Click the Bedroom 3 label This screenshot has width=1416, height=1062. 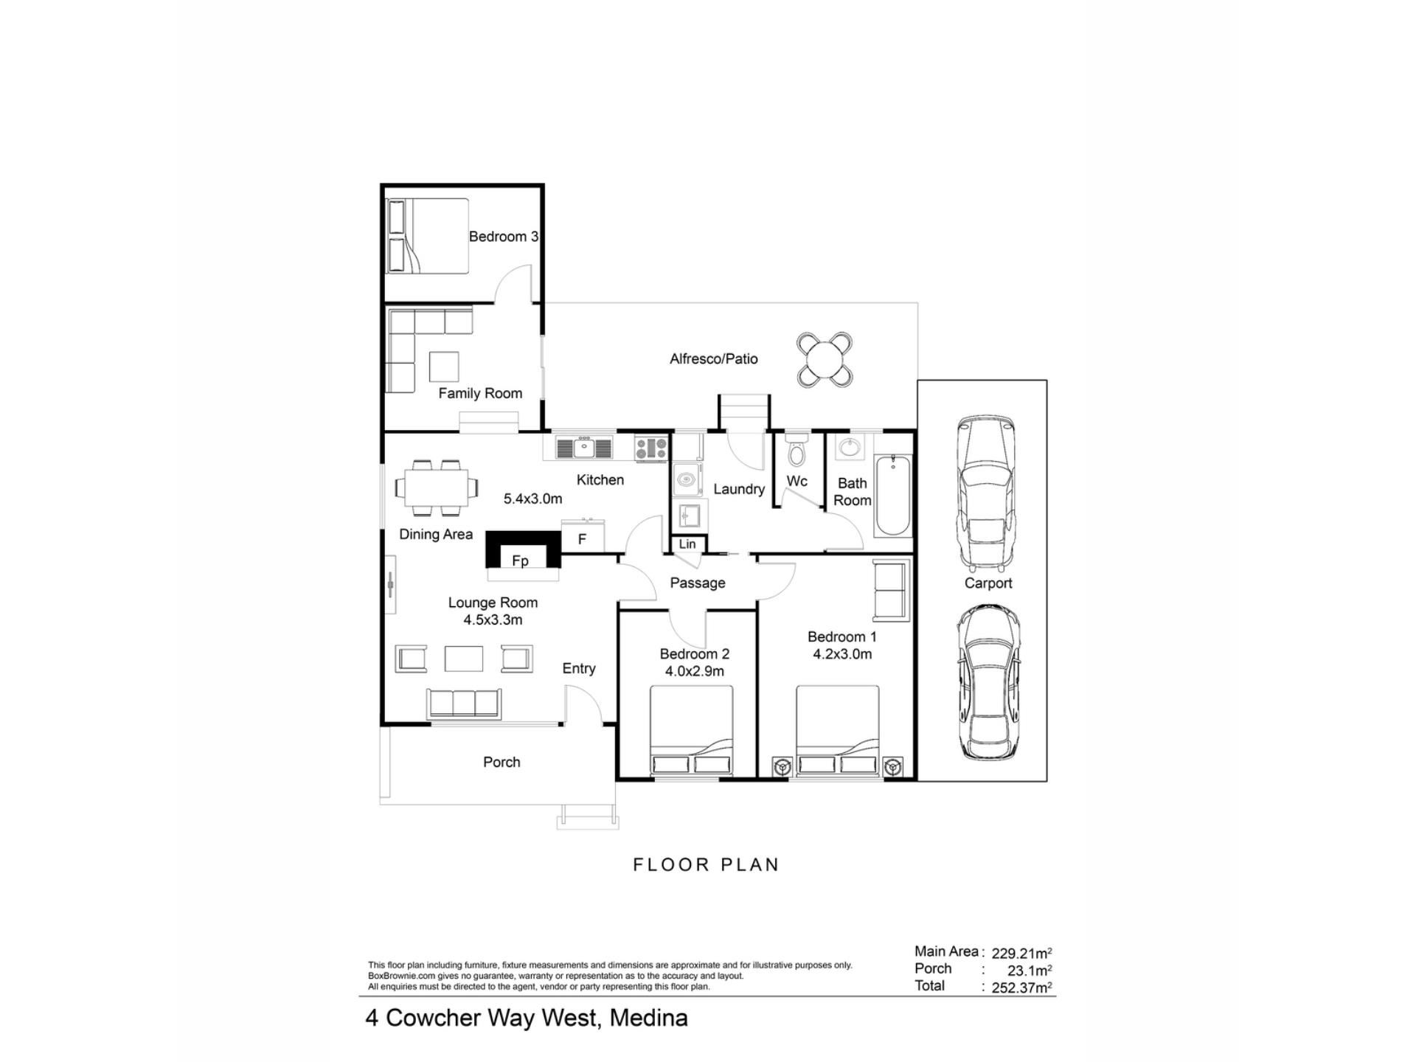(x=504, y=237)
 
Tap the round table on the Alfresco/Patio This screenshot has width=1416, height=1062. (x=825, y=360)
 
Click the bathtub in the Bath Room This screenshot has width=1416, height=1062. (x=893, y=495)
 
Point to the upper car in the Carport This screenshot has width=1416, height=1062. (x=986, y=493)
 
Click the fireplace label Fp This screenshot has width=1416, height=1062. (x=520, y=561)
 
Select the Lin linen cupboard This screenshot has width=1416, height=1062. (x=687, y=544)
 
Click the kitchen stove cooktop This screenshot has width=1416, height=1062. (x=651, y=448)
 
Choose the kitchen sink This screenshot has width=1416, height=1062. (x=584, y=448)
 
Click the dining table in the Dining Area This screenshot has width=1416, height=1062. (x=435, y=487)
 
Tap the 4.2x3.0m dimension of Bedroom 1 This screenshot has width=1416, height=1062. (x=842, y=654)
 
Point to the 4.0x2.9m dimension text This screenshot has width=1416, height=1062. (x=695, y=671)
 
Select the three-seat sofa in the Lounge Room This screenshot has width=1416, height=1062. (x=464, y=704)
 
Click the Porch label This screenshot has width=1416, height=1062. (x=502, y=762)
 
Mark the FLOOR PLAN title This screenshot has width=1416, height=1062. (x=706, y=864)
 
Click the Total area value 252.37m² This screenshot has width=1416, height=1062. (x=1021, y=988)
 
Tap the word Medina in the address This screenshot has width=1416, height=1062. (x=649, y=1018)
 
